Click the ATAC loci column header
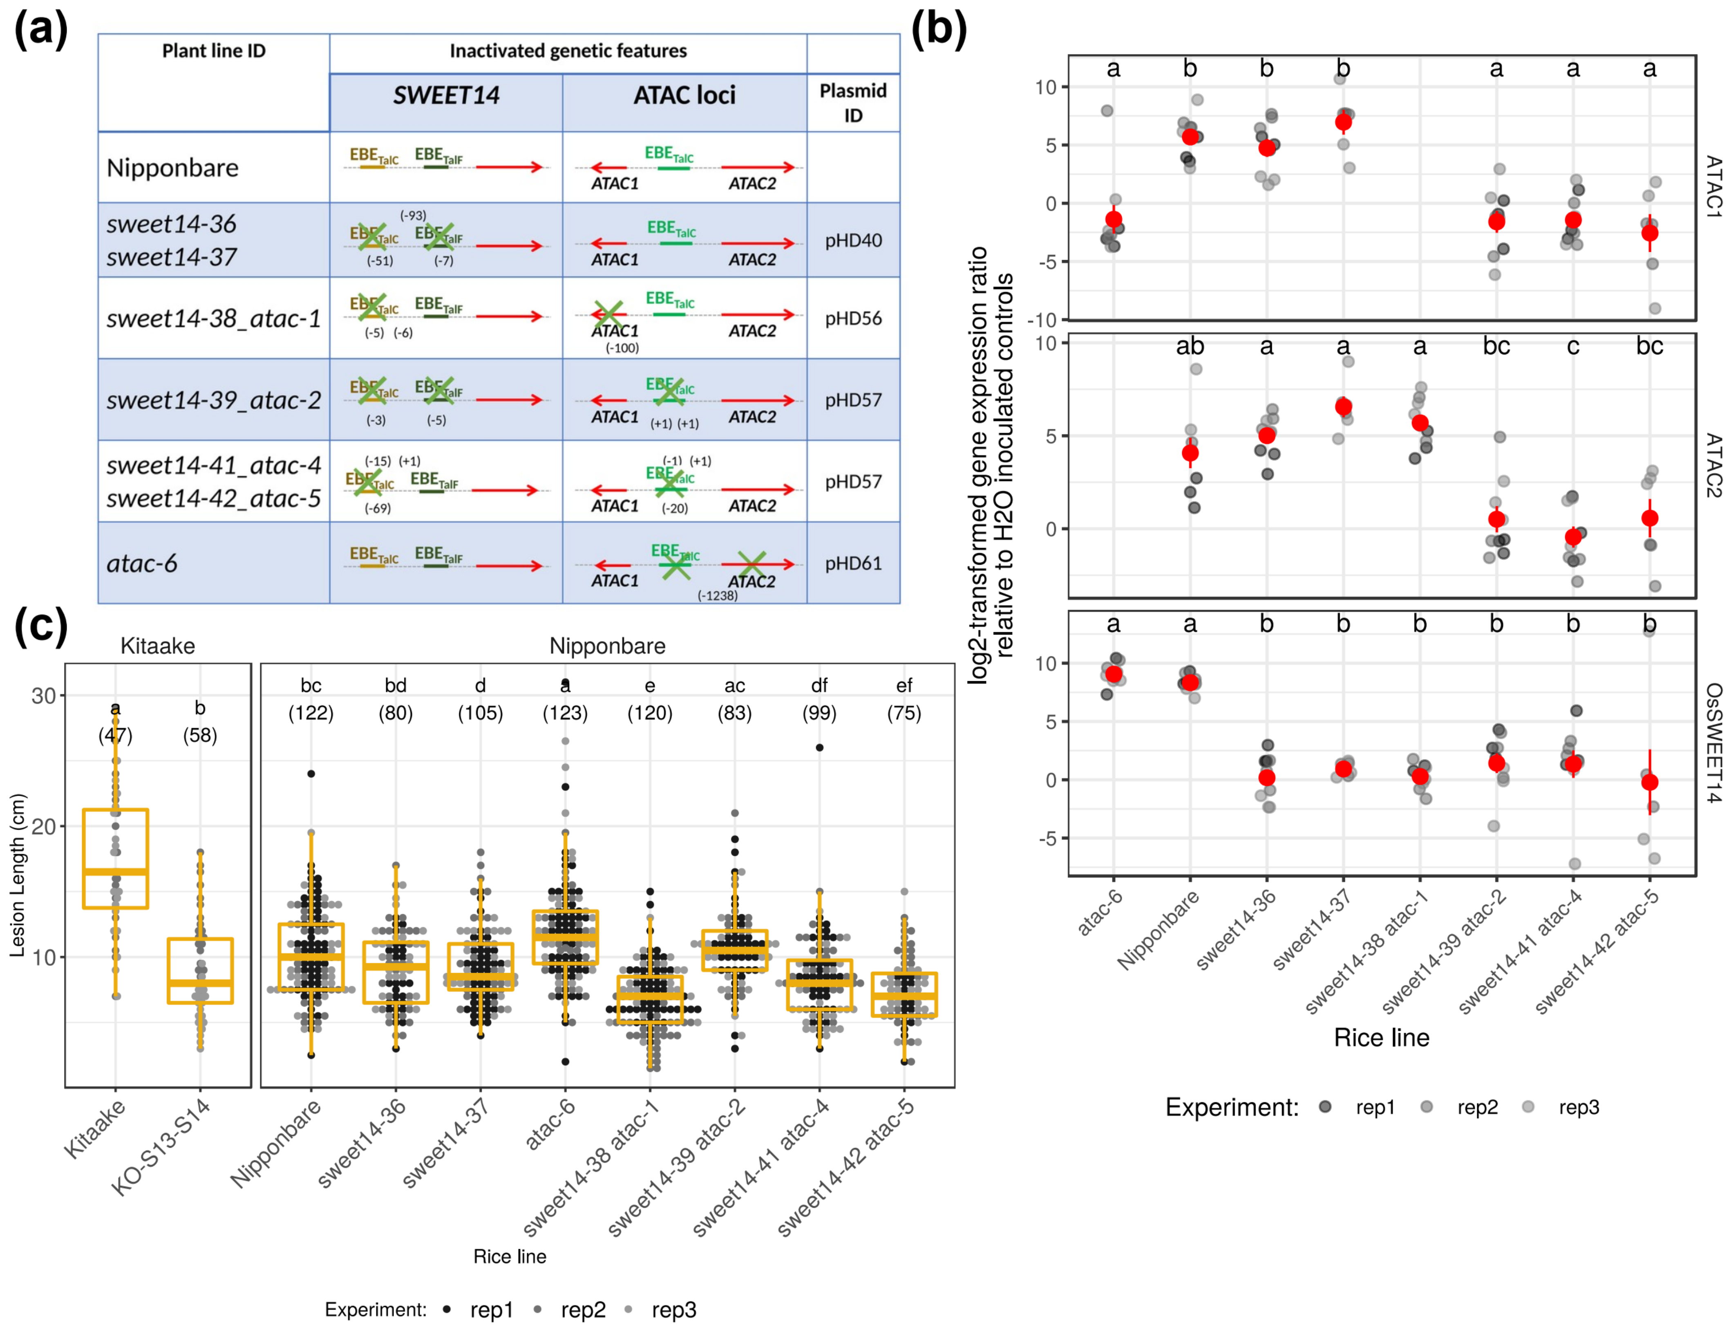[684, 96]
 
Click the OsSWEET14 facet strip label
[1713, 743]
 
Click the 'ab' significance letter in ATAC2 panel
[1190, 346]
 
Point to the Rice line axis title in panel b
[1381, 1037]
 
